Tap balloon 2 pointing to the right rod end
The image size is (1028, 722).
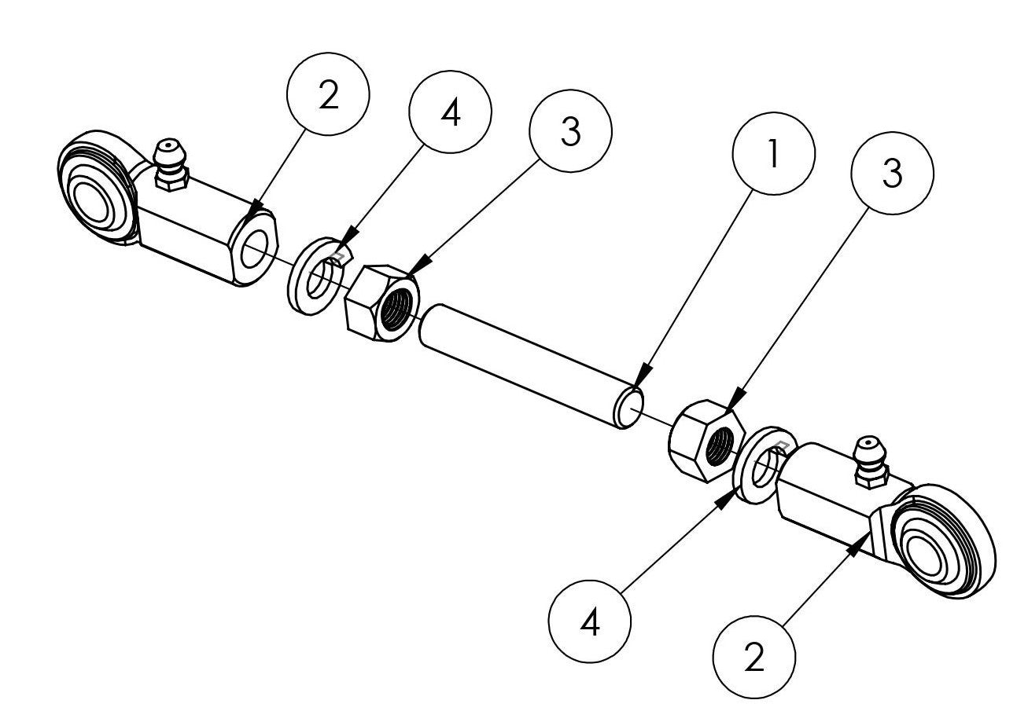tap(753, 658)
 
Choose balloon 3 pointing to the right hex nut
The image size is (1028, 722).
tap(892, 176)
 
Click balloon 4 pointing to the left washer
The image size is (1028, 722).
tap(451, 112)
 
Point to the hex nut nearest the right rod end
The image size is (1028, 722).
tap(705, 440)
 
